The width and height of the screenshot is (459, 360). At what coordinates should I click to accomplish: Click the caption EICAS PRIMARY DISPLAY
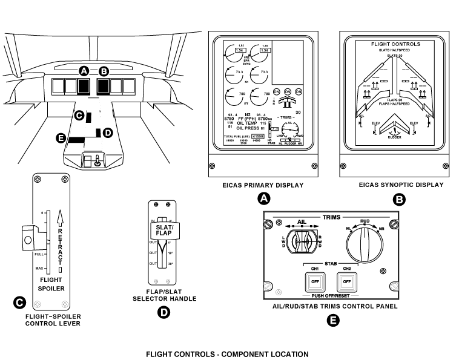point(263,185)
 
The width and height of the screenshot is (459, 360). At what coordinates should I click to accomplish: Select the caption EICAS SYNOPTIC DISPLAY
point(400,185)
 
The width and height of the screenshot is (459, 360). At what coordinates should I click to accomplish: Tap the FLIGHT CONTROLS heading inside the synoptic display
point(395,44)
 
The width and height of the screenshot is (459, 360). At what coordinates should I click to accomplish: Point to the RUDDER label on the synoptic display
point(394,137)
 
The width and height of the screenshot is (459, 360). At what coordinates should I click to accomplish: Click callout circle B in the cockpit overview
point(104,71)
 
